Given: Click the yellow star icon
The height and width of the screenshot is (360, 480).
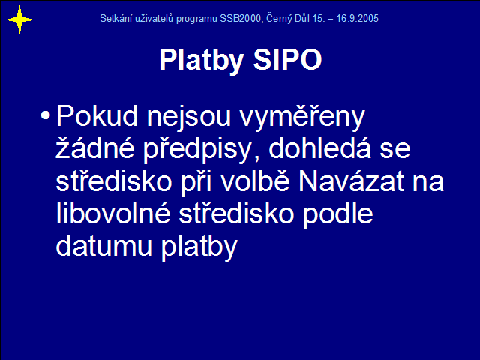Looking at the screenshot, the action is (19, 20).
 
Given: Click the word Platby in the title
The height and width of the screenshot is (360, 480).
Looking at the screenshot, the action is (202, 61).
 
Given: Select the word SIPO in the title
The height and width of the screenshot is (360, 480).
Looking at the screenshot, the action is (287, 59).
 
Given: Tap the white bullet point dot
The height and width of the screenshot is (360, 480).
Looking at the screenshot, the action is (45, 115).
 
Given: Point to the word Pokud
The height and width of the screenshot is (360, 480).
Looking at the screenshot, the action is (97, 116).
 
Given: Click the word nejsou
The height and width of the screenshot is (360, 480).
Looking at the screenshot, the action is (188, 118).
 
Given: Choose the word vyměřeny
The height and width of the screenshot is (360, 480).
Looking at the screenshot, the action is (302, 118).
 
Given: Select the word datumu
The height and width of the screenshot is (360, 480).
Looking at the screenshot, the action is (104, 246).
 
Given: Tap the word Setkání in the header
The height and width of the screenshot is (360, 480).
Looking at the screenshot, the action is (113, 18).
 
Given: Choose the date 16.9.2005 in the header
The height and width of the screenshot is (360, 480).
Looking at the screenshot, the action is (358, 18).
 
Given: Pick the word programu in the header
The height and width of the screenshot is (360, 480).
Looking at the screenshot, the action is (196, 19).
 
